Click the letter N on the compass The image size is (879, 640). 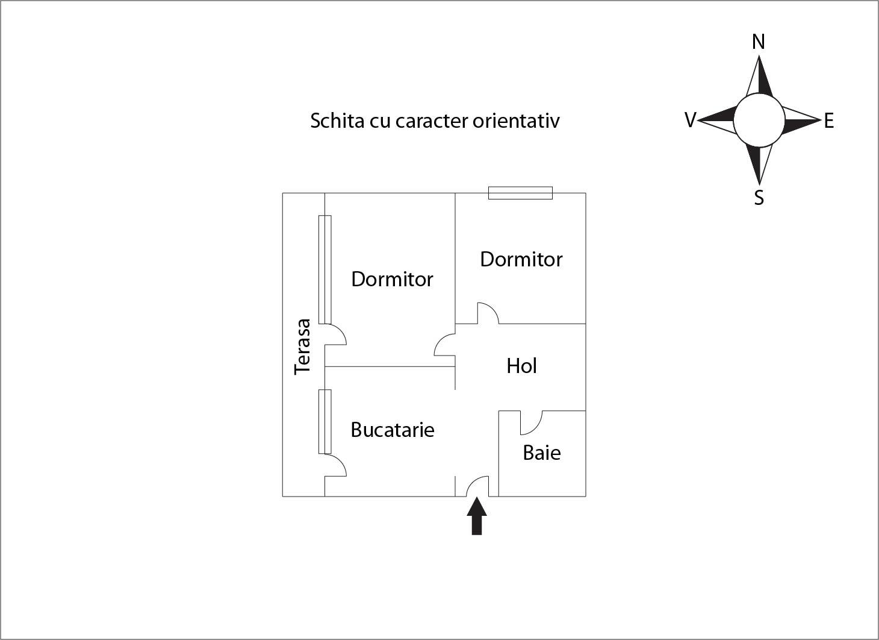759,42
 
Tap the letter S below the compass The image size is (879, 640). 759,198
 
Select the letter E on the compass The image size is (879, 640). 829,121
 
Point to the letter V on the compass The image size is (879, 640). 691,121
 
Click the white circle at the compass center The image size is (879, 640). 759,121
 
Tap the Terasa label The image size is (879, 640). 303,347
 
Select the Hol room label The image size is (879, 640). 521,366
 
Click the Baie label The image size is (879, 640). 542,453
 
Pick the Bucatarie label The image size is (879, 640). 393,430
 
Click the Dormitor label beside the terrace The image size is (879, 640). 392,279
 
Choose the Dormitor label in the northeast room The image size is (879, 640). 521,259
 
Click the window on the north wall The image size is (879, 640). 520,193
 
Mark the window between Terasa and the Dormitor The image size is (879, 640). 325,269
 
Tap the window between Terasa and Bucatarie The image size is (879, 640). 325,421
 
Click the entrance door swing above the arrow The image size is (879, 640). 478,486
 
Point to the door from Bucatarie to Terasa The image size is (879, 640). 335,466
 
